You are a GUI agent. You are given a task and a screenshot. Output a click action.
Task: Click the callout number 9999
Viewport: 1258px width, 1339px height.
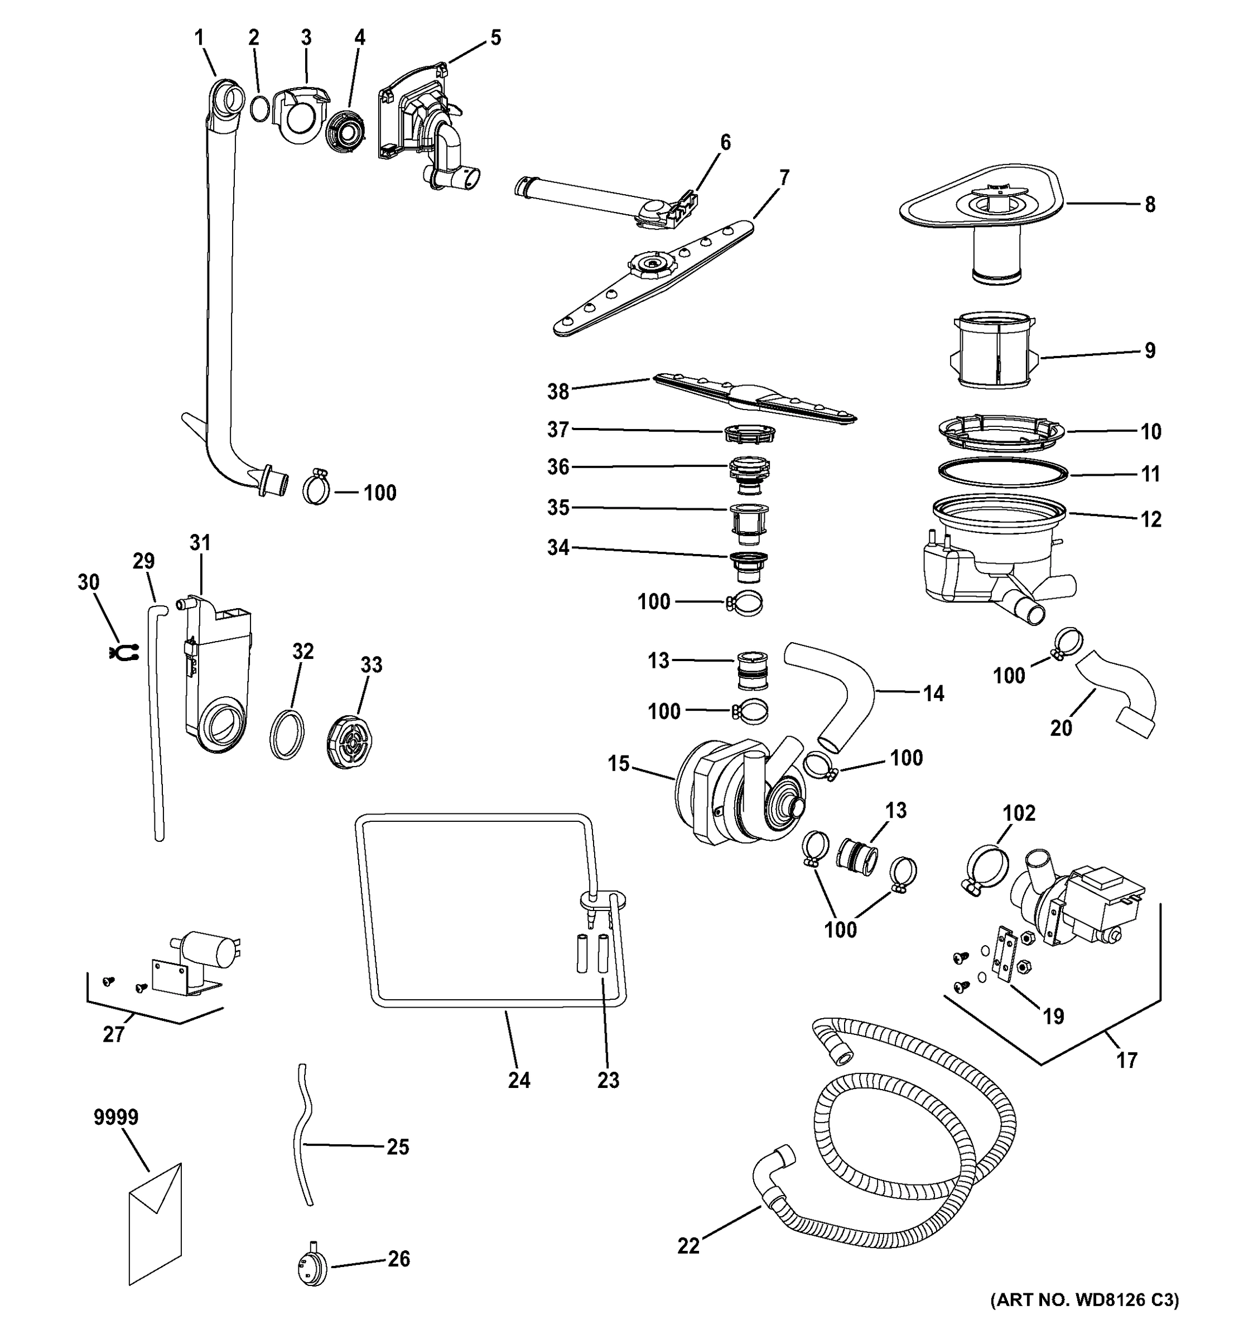(116, 1118)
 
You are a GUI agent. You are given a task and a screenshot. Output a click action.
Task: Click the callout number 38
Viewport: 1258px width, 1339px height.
(558, 391)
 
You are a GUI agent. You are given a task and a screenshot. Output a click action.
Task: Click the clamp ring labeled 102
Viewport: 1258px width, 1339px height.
(987, 868)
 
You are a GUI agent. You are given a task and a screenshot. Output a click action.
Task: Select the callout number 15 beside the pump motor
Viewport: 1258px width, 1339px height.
(618, 764)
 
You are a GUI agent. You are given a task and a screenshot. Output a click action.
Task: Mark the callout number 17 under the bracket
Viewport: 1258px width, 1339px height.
(1127, 1060)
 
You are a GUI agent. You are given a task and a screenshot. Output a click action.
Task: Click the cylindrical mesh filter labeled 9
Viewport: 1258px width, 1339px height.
(995, 351)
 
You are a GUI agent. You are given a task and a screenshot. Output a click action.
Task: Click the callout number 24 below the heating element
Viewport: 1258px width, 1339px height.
(519, 1080)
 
